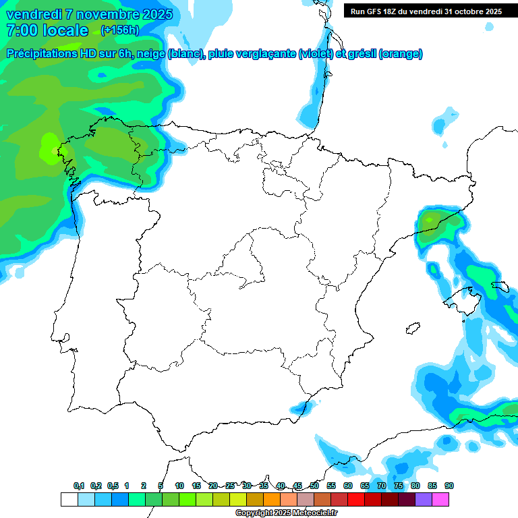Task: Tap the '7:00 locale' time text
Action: pyautogui.click(x=47, y=30)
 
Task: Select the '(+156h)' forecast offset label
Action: pyautogui.click(x=119, y=30)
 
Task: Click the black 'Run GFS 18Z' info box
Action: pyautogui.click(x=426, y=11)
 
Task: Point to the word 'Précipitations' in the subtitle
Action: pyautogui.click(x=40, y=54)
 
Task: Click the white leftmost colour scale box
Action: pyautogui.click(x=69, y=499)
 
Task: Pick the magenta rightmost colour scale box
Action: pyautogui.click(x=440, y=499)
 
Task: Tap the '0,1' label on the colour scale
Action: pyautogui.click(x=79, y=486)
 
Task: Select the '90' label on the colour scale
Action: pyautogui.click(x=449, y=486)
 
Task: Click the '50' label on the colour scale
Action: pyautogui.click(x=314, y=486)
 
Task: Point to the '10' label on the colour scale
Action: pyautogui.click(x=179, y=486)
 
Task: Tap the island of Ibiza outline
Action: pyautogui.click(x=411, y=329)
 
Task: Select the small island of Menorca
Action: pyautogui.click(x=499, y=286)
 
